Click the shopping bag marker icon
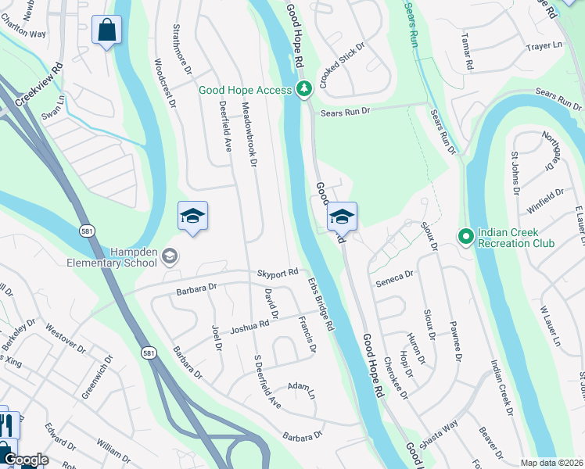pyautogui.click(x=107, y=31)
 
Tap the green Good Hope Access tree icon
pyautogui.click(x=304, y=90)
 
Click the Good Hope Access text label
pyautogui.click(x=245, y=91)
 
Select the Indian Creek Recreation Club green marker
pyautogui.click(x=465, y=235)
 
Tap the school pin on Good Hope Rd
pyautogui.click(x=342, y=217)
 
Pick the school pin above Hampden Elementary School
pyautogui.click(x=192, y=217)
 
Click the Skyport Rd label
pyautogui.click(x=278, y=273)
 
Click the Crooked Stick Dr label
pyautogui.click(x=343, y=52)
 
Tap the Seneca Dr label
pyautogui.click(x=393, y=277)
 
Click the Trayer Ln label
pyautogui.click(x=545, y=46)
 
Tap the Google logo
pyautogui.click(x=26, y=460)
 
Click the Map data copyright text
pyautogui.click(x=551, y=463)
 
